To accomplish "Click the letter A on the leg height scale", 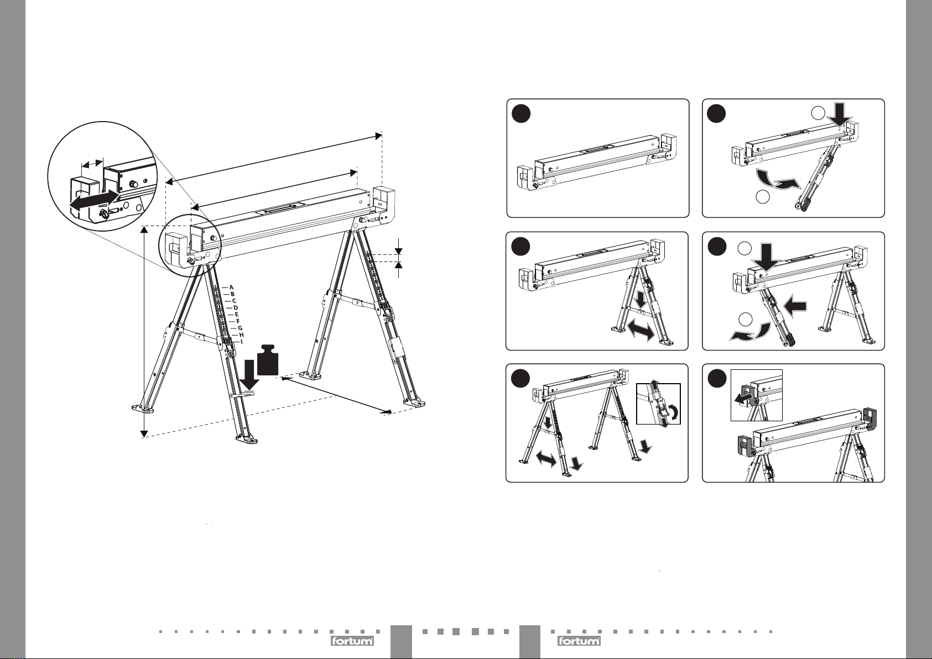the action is [232, 287].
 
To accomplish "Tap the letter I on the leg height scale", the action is [241, 342].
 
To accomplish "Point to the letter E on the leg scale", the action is [237, 315].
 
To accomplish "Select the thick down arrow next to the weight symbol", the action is [249, 375].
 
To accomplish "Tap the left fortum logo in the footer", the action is [352, 641].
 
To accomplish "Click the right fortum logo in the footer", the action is [579, 641].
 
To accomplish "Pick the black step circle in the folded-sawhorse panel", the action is [521, 114].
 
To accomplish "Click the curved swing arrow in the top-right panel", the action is [777, 182].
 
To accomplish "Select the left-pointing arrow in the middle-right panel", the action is [795, 307].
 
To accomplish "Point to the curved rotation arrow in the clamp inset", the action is [675, 412].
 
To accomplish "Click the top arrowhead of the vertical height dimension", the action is [144, 229].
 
